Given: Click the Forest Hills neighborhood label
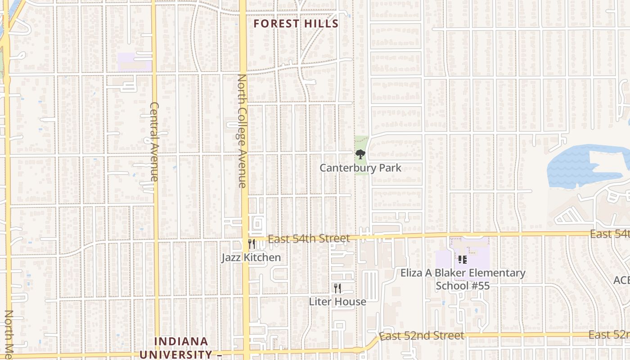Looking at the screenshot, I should click(x=296, y=24).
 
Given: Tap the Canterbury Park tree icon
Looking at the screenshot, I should click(x=360, y=155).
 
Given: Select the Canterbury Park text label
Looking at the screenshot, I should click(x=360, y=168).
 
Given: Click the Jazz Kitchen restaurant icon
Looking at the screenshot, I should click(x=252, y=244).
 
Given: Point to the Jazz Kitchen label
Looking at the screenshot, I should click(x=251, y=257).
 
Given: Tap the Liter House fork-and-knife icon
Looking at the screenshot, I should click(x=337, y=288).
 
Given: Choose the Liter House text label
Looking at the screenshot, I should click(x=337, y=301).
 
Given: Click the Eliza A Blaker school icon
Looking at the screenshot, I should click(x=462, y=259).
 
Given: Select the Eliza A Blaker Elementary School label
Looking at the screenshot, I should click(x=463, y=279).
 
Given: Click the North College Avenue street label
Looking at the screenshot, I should click(x=242, y=130).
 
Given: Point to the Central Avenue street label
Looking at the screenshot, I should click(x=154, y=142).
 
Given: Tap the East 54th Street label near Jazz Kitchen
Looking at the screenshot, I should click(x=309, y=239).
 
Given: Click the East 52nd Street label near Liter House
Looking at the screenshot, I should click(x=421, y=336).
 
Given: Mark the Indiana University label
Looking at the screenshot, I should click(x=181, y=348).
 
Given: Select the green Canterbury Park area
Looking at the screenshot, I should click(x=361, y=144).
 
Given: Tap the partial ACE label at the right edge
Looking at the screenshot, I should click(x=621, y=280).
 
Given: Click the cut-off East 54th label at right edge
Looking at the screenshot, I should click(x=610, y=234).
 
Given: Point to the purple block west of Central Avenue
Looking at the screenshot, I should click(x=134, y=62).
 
